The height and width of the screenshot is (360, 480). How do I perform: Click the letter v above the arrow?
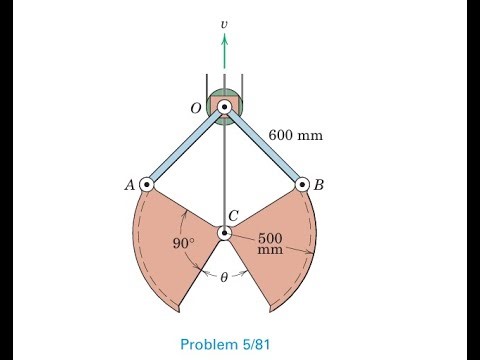pos(224,20)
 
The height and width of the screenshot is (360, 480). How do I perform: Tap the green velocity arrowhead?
pos(224,39)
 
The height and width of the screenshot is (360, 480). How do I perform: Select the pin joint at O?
pos(224,106)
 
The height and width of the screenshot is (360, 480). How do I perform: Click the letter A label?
pos(129,184)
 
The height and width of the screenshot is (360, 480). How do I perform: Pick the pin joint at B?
pos(302,184)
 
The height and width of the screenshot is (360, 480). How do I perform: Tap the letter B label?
pos(320,184)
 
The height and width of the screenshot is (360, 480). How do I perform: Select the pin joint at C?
pos(225,233)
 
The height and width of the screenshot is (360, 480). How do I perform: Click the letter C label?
pos(232,215)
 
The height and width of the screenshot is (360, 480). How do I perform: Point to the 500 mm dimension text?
pos(271,244)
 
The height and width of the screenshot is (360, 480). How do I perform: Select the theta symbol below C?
pos(224,279)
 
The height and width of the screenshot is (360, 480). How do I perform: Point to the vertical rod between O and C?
pos(225,170)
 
